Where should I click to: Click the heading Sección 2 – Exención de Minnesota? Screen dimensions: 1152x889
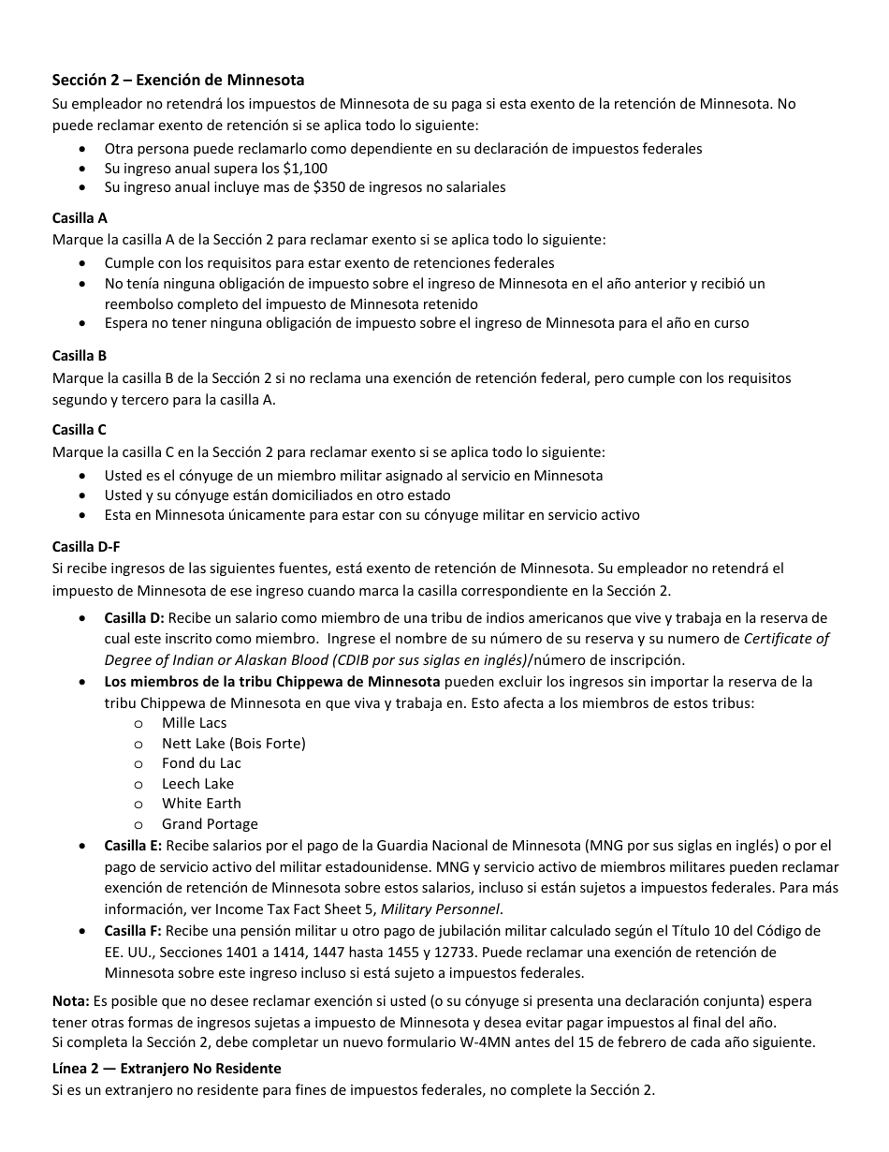pyautogui.click(x=178, y=81)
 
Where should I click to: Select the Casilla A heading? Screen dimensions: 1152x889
pyautogui.click(x=80, y=218)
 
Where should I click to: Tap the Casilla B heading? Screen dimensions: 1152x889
pyautogui.click(x=80, y=356)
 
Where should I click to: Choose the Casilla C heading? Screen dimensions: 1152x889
pyautogui.click(x=80, y=430)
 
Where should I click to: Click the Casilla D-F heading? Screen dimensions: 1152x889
pyautogui.click(x=86, y=547)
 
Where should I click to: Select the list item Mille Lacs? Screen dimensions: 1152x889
pyautogui.click(x=194, y=723)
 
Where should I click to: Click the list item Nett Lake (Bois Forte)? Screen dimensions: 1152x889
pyautogui.click(x=233, y=744)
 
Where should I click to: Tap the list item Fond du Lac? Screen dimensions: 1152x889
pyautogui.click(x=201, y=763)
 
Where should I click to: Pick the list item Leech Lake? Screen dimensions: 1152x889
pyautogui.click(x=197, y=784)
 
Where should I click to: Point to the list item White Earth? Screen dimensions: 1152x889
pyautogui.click(x=201, y=804)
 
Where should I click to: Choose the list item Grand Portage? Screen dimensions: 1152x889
pyautogui.click(x=210, y=824)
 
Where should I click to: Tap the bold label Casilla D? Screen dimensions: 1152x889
pyautogui.click(x=134, y=618)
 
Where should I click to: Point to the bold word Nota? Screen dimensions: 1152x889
pyautogui.click(x=71, y=1001)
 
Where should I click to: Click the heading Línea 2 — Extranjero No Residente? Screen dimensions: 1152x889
pyautogui.click(x=167, y=1069)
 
